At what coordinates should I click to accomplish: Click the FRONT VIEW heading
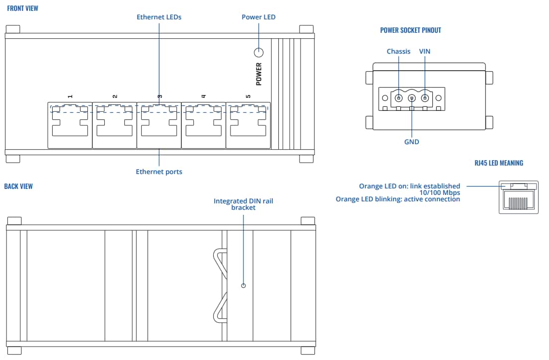point(22,8)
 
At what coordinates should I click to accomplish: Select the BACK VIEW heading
point(18,186)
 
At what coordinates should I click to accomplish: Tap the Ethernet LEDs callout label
point(159,17)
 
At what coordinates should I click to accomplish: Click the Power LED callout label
point(258,17)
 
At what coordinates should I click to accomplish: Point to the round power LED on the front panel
point(259,53)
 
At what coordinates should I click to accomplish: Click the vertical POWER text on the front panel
point(259,74)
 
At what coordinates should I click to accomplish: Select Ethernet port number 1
point(70,125)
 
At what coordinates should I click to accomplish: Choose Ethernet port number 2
point(115,125)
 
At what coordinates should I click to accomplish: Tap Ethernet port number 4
point(203,125)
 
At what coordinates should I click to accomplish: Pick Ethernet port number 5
point(248,125)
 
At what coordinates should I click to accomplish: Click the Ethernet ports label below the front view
point(159,172)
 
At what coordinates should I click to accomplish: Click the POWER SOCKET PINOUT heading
point(410,30)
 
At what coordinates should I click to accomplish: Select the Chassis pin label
point(398,52)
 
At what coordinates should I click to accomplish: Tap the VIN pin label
point(425,52)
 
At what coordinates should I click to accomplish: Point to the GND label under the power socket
point(411,142)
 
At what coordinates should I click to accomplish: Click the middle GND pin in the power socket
point(411,98)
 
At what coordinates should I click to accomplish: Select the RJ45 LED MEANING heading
point(499,163)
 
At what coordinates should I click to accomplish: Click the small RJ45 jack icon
point(519,197)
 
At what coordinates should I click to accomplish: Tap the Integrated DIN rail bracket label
point(243,204)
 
